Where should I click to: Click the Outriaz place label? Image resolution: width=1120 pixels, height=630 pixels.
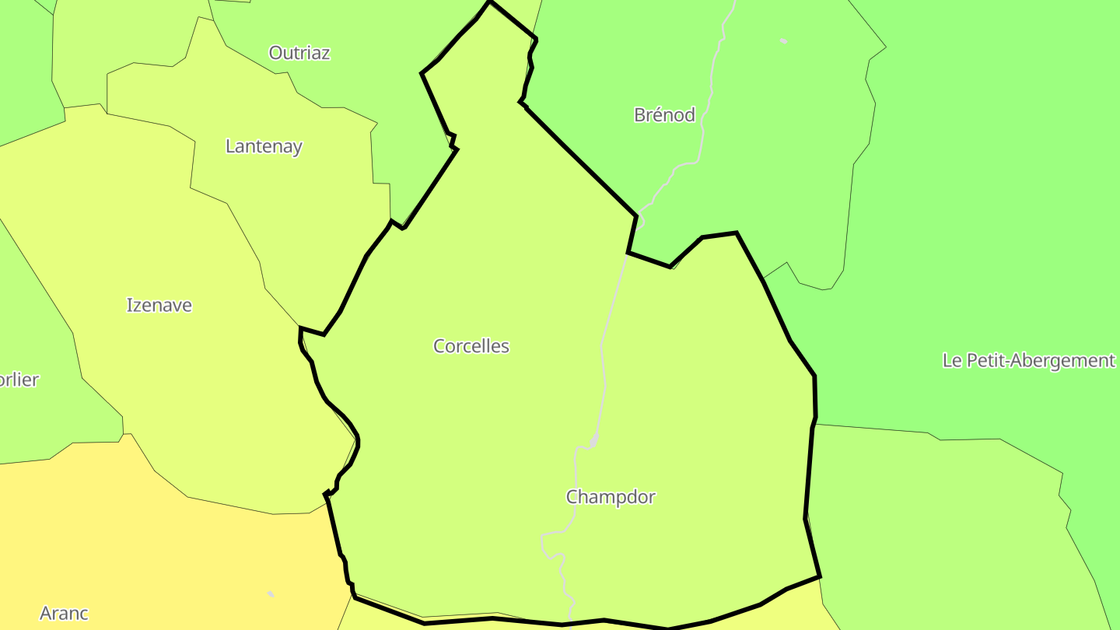[x=299, y=53]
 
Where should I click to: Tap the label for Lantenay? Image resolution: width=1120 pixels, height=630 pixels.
[x=264, y=146]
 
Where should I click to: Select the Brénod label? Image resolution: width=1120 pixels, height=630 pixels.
[x=664, y=115]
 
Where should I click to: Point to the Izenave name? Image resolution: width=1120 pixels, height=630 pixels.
[x=159, y=305]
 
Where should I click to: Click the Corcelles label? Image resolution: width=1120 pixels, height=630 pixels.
[x=471, y=346]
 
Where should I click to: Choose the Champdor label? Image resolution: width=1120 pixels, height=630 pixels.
[x=611, y=497]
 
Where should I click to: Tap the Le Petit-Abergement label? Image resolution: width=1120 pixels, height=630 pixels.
[x=1028, y=361]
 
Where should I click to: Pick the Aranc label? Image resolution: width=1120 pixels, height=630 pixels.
[x=64, y=614]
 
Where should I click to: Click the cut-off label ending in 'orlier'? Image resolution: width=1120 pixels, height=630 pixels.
[x=19, y=380]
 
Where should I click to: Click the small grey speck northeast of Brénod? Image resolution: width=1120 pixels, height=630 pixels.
[x=783, y=40]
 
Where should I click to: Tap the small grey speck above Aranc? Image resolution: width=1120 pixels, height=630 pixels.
[x=271, y=594]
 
